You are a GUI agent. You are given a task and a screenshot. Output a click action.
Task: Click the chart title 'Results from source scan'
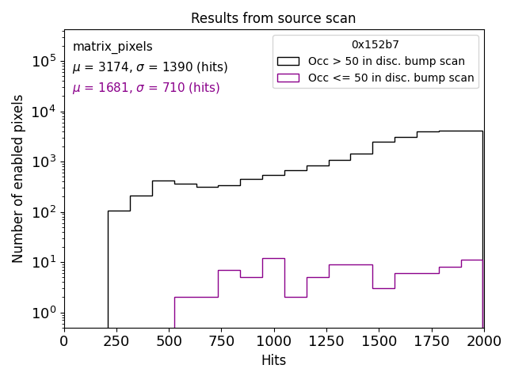[x=273, y=18]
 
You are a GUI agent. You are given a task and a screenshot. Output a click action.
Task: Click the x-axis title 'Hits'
[x=273, y=360]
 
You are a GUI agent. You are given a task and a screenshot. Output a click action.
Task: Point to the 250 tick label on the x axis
[x=116, y=340]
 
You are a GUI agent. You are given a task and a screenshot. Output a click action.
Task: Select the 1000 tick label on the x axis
[x=273, y=340]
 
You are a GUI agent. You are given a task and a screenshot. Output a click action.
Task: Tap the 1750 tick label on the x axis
[x=431, y=340]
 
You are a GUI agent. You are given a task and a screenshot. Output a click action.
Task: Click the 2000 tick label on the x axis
[x=482, y=340]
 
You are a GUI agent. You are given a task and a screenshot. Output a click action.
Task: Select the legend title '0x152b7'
[x=375, y=45]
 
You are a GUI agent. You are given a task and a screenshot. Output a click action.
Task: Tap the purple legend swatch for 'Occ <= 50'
[x=288, y=78]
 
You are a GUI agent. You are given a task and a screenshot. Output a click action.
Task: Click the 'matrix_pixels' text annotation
[x=112, y=47]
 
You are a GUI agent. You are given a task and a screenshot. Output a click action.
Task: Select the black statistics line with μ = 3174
[x=150, y=67]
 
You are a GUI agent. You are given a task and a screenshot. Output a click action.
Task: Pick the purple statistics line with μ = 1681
[x=146, y=88]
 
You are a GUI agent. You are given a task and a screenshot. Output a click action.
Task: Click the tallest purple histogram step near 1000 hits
[x=273, y=258]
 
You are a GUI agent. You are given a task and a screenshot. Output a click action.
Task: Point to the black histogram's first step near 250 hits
[x=119, y=211]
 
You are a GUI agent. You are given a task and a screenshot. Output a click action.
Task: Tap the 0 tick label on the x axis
[x=64, y=340]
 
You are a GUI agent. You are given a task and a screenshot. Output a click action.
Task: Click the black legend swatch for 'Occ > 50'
[x=288, y=61]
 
